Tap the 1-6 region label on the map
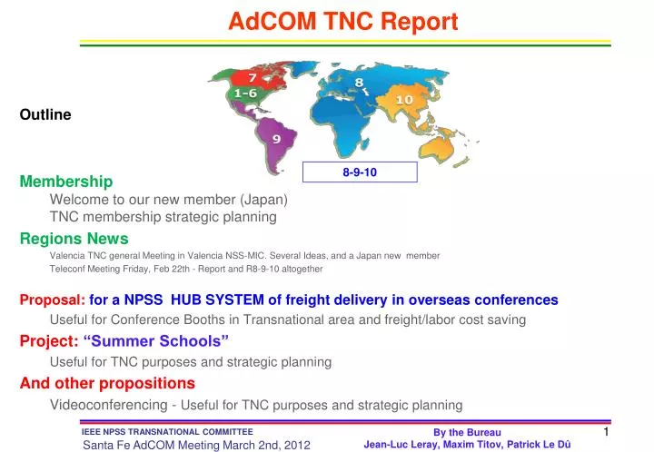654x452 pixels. [x=246, y=93]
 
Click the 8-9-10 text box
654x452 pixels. [x=360, y=172]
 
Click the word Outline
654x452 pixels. [x=45, y=114]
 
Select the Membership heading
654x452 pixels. [x=66, y=182]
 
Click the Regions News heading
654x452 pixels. [x=74, y=239]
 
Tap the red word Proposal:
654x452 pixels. [x=53, y=300]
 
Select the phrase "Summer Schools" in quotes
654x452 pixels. [x=156, y=340]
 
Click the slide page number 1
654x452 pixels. [x=605, y=433]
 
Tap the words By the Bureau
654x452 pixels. [x=467, y=433]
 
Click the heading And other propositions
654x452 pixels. [x=107, y=383]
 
